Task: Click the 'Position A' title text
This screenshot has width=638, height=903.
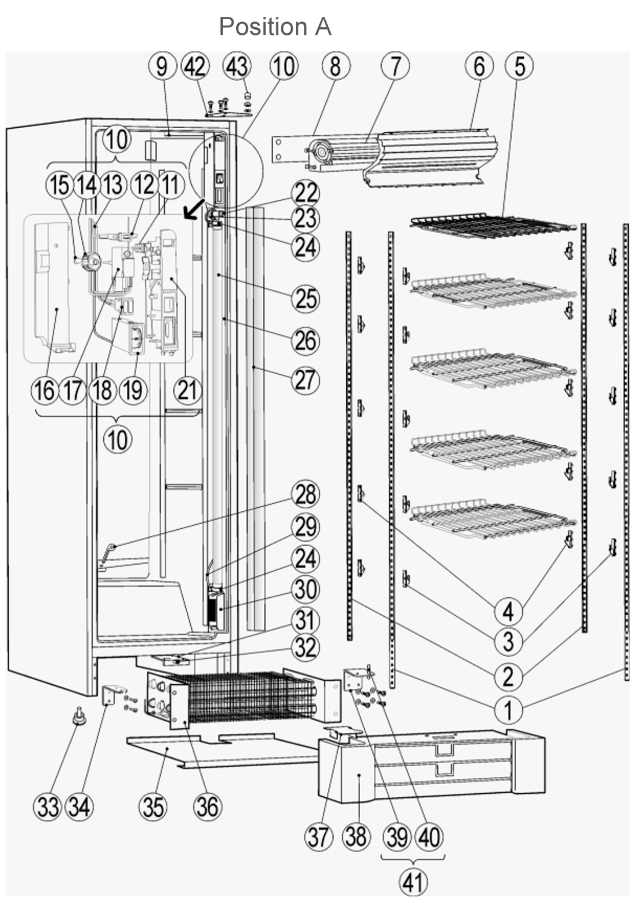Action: point(275,27)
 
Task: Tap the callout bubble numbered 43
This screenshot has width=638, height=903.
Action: point(237,66)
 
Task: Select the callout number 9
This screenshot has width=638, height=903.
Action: point(162,66)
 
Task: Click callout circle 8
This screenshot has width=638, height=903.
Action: point(335,66)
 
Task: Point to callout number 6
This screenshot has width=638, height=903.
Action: point(478,66)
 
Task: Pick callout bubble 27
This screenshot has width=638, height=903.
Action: point(305,380)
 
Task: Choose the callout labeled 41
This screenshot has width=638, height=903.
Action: point(412,883)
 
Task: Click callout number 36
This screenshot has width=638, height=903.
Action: point(208,807)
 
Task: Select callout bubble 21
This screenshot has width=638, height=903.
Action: point(187,390)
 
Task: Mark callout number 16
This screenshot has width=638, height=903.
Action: point(45,390)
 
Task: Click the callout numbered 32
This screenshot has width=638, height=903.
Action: point(305,647)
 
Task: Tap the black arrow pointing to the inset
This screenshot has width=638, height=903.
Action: point(195,208)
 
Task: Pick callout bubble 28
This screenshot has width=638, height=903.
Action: point(305,494)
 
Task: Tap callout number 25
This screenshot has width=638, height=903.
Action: point(305,299)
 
